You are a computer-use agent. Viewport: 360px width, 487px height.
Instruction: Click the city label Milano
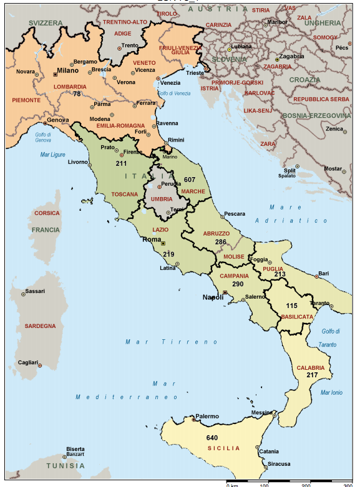click(68, 70)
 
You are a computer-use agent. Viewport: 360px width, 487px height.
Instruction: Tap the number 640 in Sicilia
click(212, 438)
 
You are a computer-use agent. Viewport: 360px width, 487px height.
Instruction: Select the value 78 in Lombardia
click(77, 94)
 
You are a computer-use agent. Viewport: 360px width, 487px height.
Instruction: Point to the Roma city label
click(152, 239)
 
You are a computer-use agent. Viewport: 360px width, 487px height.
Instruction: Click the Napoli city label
click(213, 297)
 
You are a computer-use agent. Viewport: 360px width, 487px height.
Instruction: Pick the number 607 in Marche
click(190, 180)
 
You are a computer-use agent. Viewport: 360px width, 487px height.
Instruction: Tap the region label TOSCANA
click(125, 194)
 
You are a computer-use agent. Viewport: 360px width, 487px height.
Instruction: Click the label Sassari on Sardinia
click(35, 291)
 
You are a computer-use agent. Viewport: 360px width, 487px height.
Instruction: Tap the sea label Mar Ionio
click(331, 392)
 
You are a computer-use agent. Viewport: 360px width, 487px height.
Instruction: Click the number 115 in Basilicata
click(291, 306)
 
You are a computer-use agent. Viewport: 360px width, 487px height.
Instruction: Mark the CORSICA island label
click(47, 213)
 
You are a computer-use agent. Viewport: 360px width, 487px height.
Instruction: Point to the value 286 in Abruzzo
click(220, 241)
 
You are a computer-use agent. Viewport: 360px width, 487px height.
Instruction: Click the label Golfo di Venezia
click(174, 94)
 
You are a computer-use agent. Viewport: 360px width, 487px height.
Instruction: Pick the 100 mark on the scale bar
click(264, 485)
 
